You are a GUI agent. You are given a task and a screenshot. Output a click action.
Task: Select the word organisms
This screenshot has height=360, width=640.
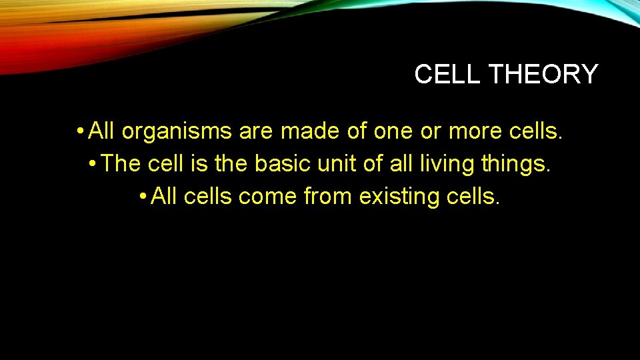point(177,131)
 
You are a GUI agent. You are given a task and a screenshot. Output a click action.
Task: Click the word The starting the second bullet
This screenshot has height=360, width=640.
point(121,164)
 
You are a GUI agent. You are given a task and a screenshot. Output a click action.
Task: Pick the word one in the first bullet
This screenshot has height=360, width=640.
point(393,131)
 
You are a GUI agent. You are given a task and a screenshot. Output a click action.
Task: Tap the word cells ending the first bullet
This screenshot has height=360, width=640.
point(537,131)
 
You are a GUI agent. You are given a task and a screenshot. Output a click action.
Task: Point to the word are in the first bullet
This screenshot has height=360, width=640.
point(255,131)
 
